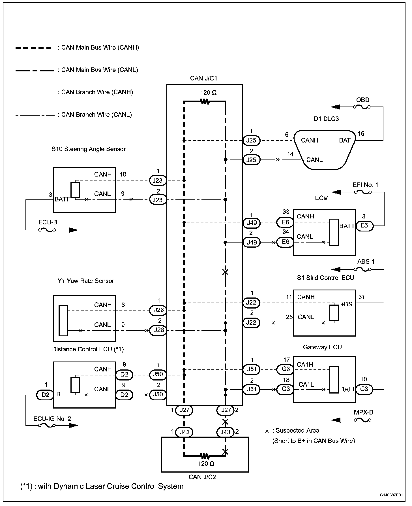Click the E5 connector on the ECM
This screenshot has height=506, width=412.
(x=364, y=226)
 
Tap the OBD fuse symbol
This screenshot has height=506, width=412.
(x=362, y=107)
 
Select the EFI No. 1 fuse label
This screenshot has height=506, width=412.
(x=365, y=185)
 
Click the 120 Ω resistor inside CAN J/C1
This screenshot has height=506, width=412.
(x=205, y=101)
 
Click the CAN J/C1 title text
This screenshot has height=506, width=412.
(x=204, y=78)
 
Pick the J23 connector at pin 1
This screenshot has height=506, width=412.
(x=158, y=180)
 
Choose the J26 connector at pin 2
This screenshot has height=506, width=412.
(x=158, y=330)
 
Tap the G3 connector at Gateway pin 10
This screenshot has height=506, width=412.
(x=364, y=389)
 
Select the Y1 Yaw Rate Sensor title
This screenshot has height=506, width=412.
(x=86, y=281)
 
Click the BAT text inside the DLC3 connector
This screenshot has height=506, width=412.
(x=345, y=140)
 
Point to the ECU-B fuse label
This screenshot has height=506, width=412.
(x=48, y=222)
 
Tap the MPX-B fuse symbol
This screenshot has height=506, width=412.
(x=362, y=420)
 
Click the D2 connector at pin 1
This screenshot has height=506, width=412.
(x=45, y=394)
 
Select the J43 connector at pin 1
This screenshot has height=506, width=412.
(x=184, y=432)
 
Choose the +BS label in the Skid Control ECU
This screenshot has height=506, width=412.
(x=346, y=304)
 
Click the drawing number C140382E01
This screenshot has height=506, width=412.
(x=391, y=495)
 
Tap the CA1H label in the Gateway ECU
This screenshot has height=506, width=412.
(x=305, y=364)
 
